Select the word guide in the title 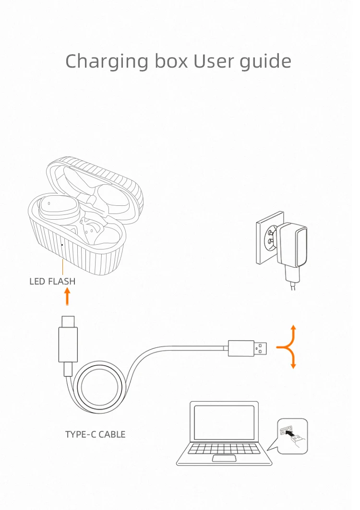pyautogui.click(x=266, y=62)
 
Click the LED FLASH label pyautogui.click(x=52, y=282)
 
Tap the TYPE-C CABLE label pyautogui.click(x=95, y=435)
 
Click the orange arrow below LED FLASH pyautogui.click(x=67, y=297)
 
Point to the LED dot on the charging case pyautogui.click(x=62, y=245)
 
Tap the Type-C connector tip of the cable pyautogui.click(x=67, y=320)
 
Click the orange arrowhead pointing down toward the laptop pyautogui.click(x=293, y=366)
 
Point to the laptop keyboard pyautogui.click(x=224, y=449)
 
